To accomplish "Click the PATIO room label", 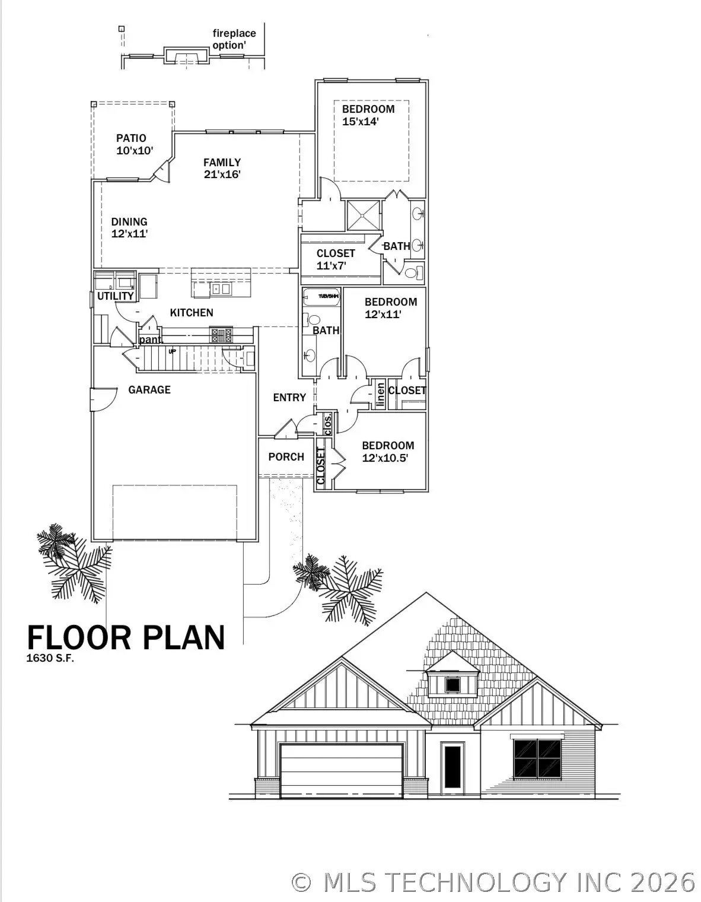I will click(131, 138).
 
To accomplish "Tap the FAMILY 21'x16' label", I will click(222, 169).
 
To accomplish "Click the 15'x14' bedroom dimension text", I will click(360, 122).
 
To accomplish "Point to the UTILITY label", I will click(115, 296).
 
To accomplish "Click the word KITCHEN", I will click(192, 313).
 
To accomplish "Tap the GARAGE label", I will click(149, 390).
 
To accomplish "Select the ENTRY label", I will click(289, 398).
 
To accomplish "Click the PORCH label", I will click(286, 457).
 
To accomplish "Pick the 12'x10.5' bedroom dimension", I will click(385, 458).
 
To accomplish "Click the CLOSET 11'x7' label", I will click(335, 260).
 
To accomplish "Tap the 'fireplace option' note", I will click(234, 40).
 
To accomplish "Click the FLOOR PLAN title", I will click(126, 638).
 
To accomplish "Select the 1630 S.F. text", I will click(50, 658).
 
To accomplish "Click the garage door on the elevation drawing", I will click(341, 770).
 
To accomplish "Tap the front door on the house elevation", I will click(452, 768).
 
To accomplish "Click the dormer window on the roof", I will click(453, 685).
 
